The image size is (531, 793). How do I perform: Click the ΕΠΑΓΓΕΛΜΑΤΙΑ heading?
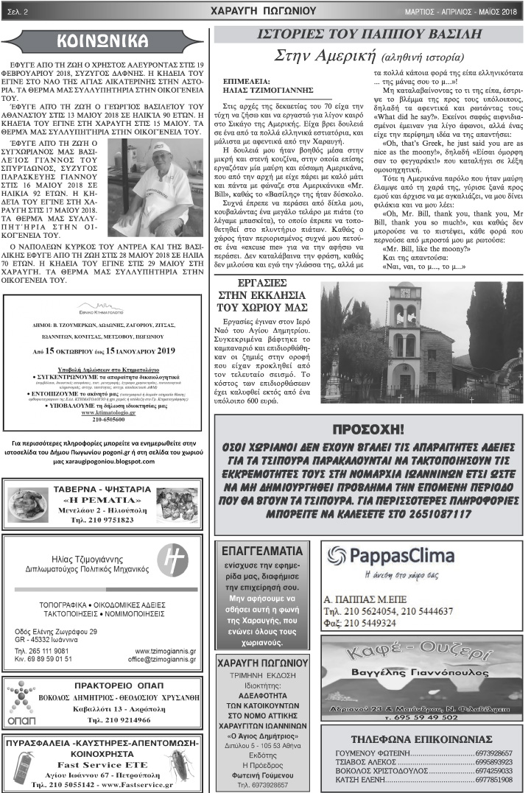[261, 550]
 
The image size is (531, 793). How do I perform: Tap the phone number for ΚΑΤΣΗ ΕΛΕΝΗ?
[493, 779]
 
